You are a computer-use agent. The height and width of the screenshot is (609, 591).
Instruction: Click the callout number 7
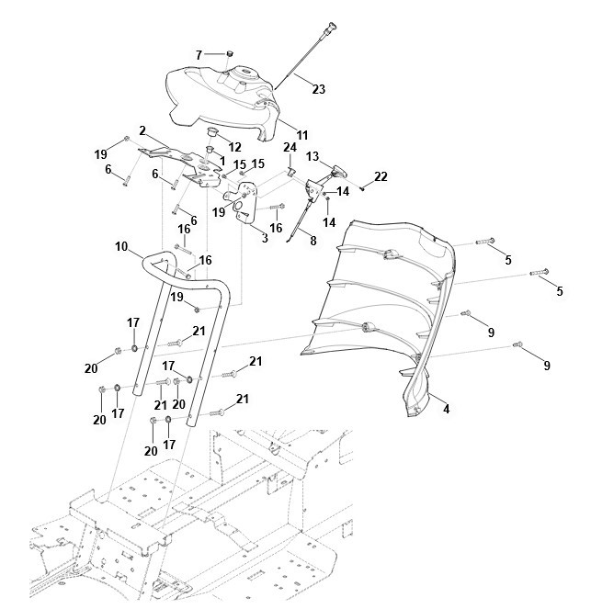point(199,55)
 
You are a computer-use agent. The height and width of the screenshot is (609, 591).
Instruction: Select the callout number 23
point(319,89)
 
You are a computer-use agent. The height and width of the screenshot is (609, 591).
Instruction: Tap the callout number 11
point(301,135)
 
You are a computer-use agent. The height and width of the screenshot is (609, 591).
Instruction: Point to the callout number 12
point(234,147)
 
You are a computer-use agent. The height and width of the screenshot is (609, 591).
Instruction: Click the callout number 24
point(290,148)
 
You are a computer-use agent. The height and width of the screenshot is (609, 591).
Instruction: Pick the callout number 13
point(313,156)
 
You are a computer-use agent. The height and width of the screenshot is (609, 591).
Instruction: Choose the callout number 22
point(381,176)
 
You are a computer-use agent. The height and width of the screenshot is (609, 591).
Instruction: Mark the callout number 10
point(121,246)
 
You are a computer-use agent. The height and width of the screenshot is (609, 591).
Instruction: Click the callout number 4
point(447,409)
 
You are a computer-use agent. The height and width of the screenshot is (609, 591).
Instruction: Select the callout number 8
point(313,241)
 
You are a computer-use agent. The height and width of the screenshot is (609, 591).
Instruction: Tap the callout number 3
point(265,238)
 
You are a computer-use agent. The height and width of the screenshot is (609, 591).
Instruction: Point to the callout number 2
point(142,130)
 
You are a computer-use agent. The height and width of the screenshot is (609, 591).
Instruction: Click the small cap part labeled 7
point(230,53)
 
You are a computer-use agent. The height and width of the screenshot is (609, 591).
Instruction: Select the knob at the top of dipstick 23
point(331,28)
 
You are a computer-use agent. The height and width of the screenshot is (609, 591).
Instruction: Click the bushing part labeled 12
point(212,131)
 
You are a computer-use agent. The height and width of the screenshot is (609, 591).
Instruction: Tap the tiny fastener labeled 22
point(362,188)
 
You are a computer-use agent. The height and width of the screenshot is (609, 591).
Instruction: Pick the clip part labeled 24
point(291,171)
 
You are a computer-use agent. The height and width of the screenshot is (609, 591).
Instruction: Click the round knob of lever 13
point(339,170)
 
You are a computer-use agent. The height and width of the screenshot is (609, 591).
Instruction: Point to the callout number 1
point(222,161)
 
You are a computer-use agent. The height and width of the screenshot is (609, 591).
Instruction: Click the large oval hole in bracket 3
point(239,206)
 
